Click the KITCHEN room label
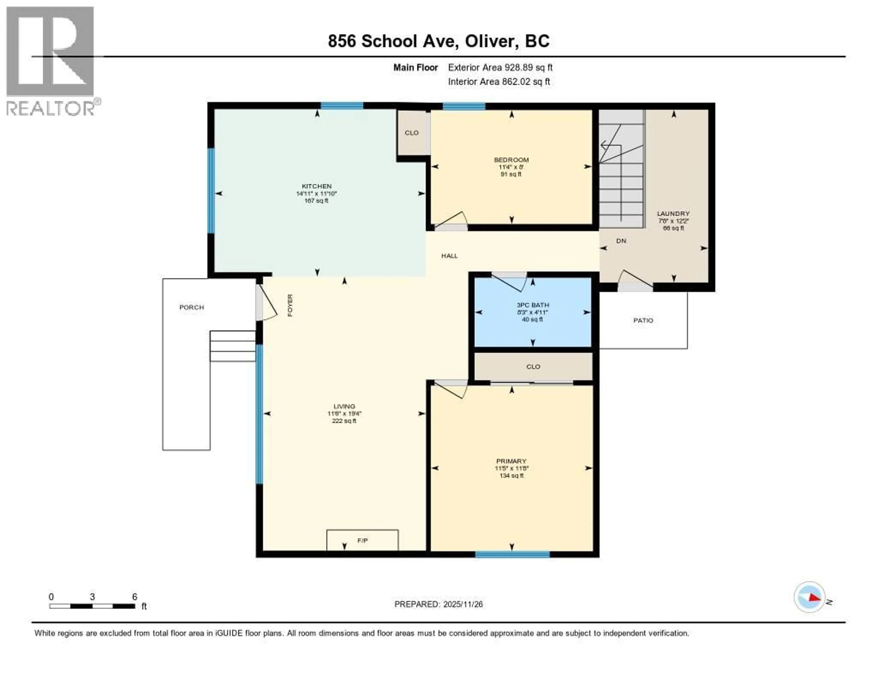pyautogui.click(x=316, y=186)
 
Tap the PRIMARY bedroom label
pyautogui.click(x=511, y=461)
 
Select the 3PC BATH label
pyautogui.click(x=533, y=305)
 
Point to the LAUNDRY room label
pyautogui.click(x=673, y=213)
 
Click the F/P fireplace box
pyautogui.click(x=362, y=541)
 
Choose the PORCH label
pyautogui.click(x=192, y=307)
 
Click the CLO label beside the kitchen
pyautogui.click(x=412, y=133)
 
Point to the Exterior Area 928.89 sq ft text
pyautogui.click(x=500, y=67)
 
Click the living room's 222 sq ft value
pyautogui.click(x=344, y=421)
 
